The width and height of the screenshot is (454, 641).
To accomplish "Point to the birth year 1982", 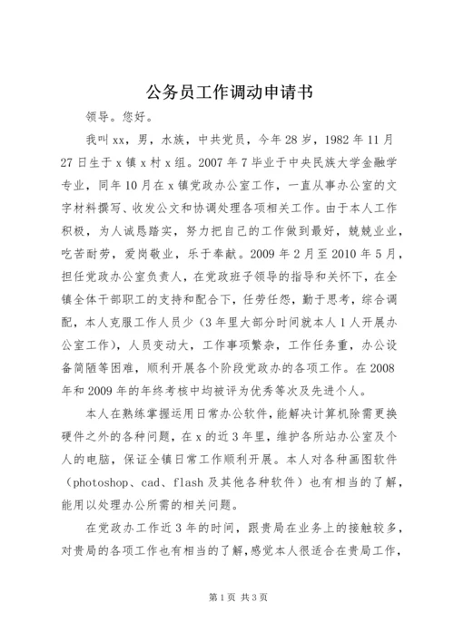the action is (x=353, y=141).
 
